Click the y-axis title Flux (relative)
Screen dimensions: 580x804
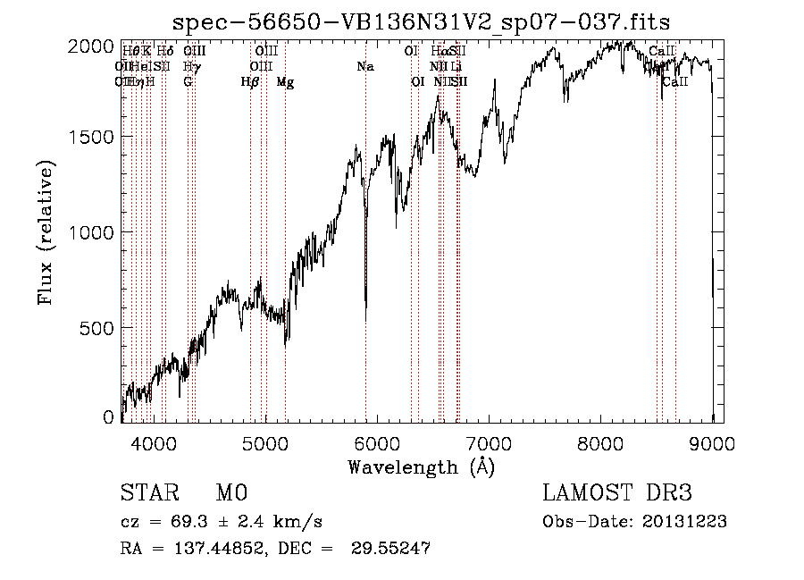(46, 231)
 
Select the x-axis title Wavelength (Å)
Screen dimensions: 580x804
(421, 467)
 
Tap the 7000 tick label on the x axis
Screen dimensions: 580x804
(489, 442)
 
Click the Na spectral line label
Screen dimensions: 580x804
(364, 66)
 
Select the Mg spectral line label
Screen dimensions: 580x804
(285, 81)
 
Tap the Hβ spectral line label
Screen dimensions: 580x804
(250, 81)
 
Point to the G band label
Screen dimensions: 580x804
(188, 81)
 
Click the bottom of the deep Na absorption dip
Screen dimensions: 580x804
(365, 318)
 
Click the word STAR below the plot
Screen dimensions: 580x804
(148, 493)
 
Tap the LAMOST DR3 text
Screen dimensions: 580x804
(617, 493)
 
